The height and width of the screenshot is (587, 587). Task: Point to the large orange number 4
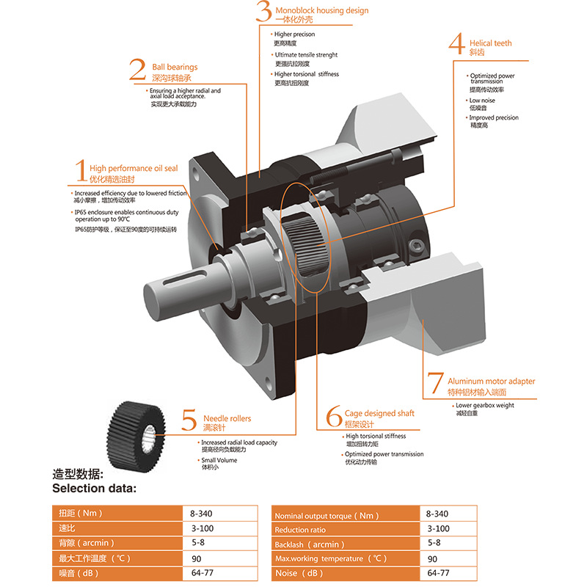pyautogui.click(x=456, y=45)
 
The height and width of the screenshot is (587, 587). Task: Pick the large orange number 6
pyautogui.click(x=333, y=417)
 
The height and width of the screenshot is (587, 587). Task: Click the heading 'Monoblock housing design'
pyautogui.click(x=322, y=11)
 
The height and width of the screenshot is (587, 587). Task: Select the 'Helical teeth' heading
pyautogui.click(x=491, y=43)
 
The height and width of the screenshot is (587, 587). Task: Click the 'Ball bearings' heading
pyautogui.click(x=175, y=67)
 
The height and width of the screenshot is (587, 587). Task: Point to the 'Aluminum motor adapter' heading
pyautogui.click(x=492, y=381)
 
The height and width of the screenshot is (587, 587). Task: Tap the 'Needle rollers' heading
pyautogui.click(x=227, y=418)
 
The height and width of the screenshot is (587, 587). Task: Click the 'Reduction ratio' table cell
pyautogui.click(x=346, y=529)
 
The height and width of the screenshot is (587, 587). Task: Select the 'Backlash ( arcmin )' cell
pyautogui.click(x=346, y=544)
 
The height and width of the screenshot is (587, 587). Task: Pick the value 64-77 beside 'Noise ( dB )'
pyautogui.click(x=438, y=573)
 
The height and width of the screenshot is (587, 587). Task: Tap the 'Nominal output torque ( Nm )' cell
pyautogui.click(x=346, y=514)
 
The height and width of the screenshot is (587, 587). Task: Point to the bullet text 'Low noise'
pyautogui.click(x=484, y=100)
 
